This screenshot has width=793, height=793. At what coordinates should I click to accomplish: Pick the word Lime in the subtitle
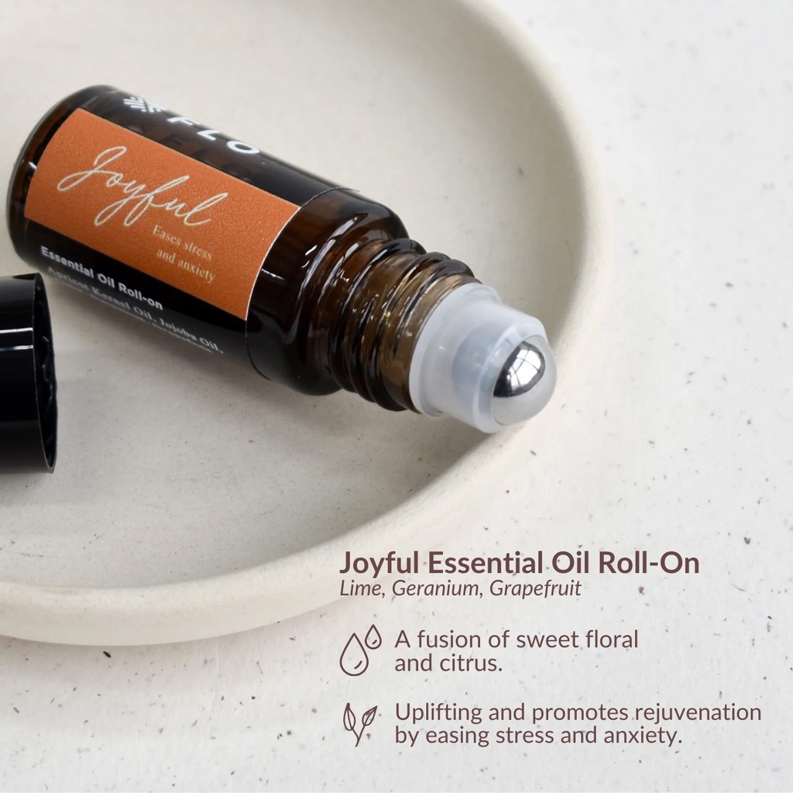(x=362, y=588)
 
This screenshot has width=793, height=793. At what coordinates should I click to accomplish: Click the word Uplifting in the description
(x=438, y=712)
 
